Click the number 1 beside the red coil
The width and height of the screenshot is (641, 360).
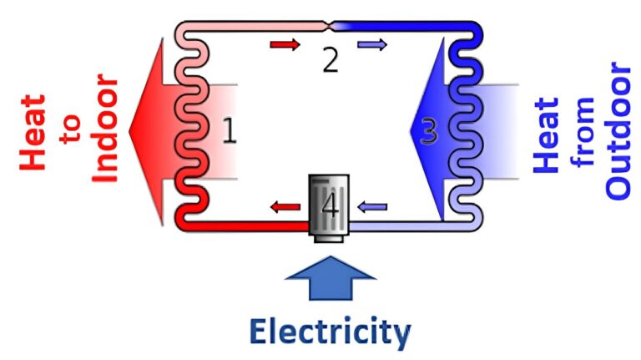tap(229, 132)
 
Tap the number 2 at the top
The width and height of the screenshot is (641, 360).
tap(331, 61)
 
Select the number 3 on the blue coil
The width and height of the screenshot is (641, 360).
tap(428, 131)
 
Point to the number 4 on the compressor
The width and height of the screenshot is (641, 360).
tap(331, 206)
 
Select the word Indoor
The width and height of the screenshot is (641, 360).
tap(106, 132)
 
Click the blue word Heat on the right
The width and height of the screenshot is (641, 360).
tap(547, 134)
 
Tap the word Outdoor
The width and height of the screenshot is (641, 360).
tap(618, 131)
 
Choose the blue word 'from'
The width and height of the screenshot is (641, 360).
tap(584, 133)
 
